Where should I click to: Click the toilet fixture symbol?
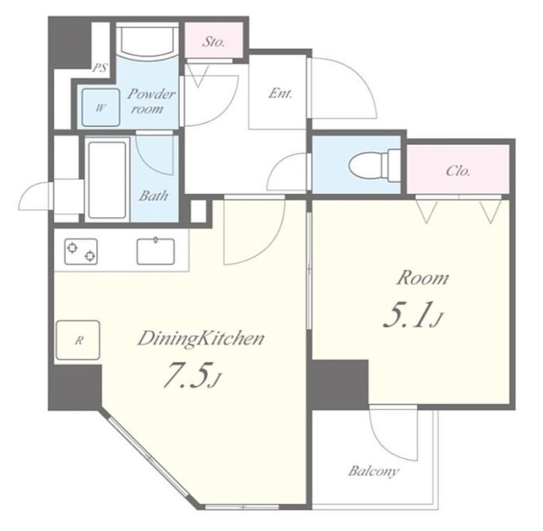[374, 165]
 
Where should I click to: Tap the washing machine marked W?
[100, 108]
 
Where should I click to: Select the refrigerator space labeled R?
[78, 340]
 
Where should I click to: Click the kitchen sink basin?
[155, 251]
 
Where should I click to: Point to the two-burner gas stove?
[81, 251]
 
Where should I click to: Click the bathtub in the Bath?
[107, 180]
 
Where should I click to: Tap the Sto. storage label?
[213, 42]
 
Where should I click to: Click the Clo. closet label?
[458, 171]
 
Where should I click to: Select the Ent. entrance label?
[280, 93]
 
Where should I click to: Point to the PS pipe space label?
[100, 67]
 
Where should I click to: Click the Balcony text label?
[374, 471]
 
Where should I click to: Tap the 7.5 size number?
[192, 374]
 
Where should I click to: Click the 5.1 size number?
[413, 315]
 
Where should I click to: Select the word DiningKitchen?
[201, 339]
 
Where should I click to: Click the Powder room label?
[150, 102]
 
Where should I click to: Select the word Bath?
[154, 195]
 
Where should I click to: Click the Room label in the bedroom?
[423, 278]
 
